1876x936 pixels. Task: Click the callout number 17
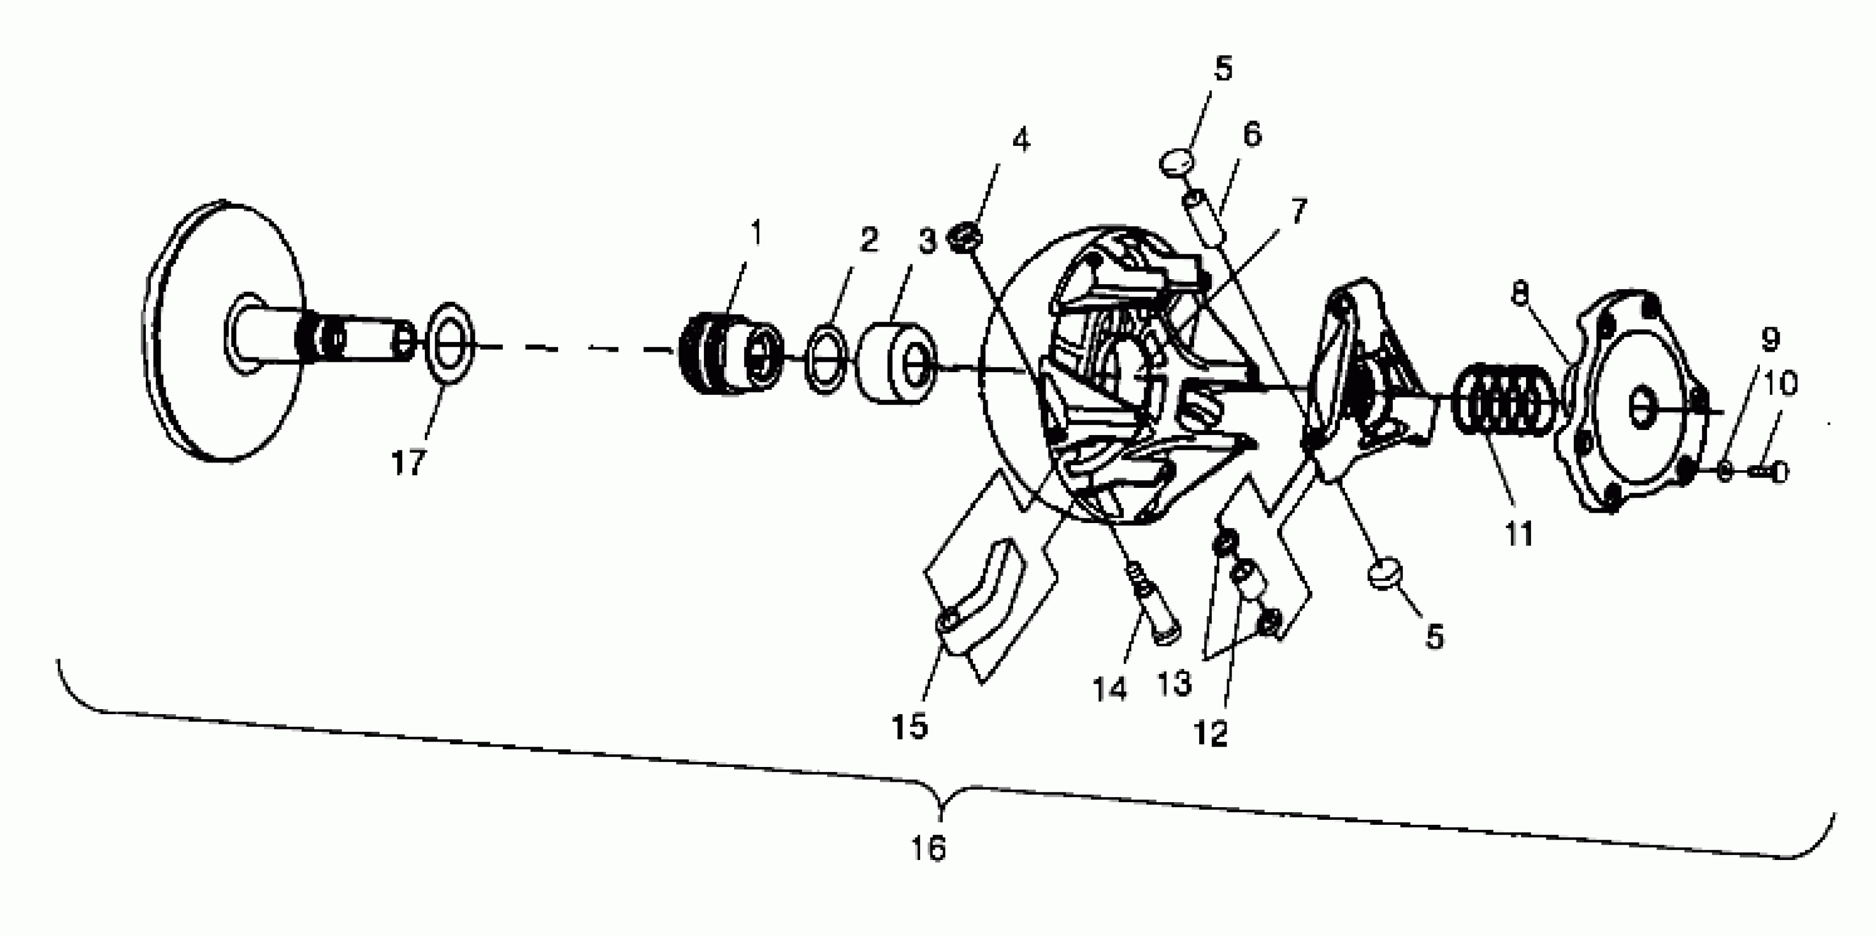tap(408, 462)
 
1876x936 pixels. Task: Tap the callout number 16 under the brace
tap(928, 847)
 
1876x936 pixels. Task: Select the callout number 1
tap(757, 233)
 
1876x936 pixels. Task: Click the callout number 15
tap(910, 726)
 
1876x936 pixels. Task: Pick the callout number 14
tap(1109, 688)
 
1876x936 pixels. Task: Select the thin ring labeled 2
tap(825, 361)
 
